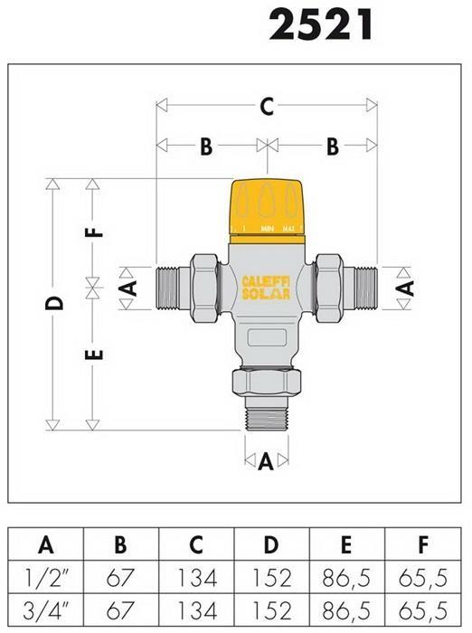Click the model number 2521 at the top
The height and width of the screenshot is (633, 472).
click(321, 25)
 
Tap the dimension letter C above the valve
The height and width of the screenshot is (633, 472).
click(267, 106)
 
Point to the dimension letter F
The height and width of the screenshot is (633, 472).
click(95, 233)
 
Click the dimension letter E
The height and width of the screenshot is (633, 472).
click(95, 354)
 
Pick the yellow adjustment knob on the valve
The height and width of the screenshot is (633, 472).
click(267, 211)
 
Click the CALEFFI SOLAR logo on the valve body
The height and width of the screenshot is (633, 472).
click(266, 288)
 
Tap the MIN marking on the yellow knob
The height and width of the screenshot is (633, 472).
click(268, 229)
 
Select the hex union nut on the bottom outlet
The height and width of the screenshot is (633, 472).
click(267, 383)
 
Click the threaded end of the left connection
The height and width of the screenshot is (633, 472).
click(166, 288)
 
